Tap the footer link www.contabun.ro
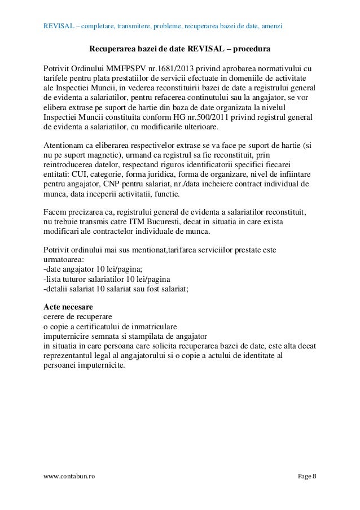[x=69, y=477]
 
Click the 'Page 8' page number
[x=306, y=477]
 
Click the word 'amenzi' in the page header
[x=271, y=27]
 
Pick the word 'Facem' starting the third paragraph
[x=55, y=212]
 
